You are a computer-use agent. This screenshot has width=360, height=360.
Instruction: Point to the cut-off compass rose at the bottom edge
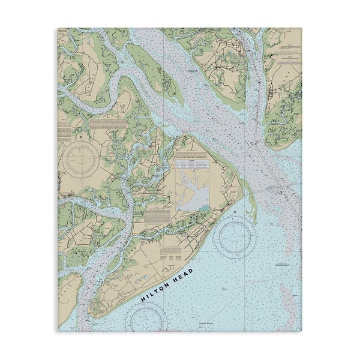pyautogui.click(x=146, y=319)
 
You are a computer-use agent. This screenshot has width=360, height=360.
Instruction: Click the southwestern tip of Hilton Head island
pyautogui.click(x=91, y=311)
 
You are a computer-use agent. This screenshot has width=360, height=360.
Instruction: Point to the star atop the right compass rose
pyautogui.click(x=235, y=214)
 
